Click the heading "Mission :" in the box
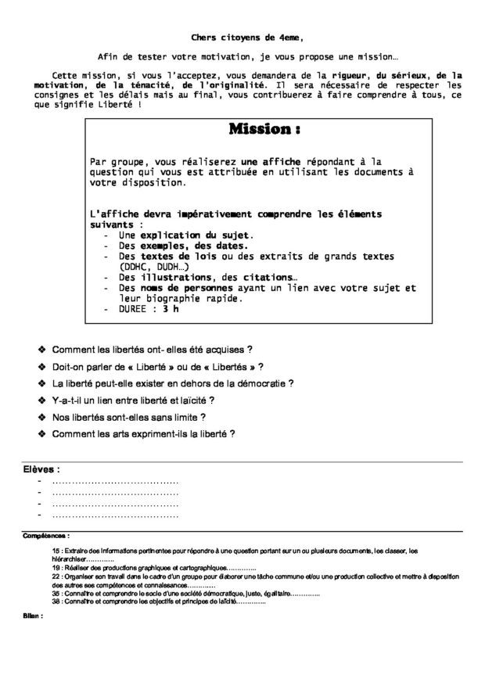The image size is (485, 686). (264, 128)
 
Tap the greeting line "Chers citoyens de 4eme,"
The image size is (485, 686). (245, 37)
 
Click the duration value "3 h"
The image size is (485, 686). (171, 309)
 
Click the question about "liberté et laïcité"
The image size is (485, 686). (133, 400)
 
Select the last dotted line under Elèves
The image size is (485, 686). (115, 516)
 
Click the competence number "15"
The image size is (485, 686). (56, 551)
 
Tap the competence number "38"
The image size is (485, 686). (56, 602)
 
